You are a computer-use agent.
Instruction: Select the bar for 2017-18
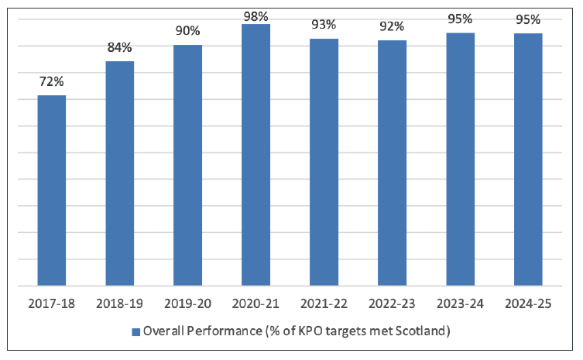52,190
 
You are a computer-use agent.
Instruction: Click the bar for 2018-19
120,173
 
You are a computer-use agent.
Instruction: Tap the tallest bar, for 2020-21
256,155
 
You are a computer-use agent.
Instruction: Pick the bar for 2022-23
392,163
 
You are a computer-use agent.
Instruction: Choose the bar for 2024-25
528,159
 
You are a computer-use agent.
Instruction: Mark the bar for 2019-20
187,165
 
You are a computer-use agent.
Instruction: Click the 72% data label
52,81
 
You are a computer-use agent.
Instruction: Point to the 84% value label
120,47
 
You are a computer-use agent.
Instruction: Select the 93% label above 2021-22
324,25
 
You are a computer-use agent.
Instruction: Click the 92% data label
392,26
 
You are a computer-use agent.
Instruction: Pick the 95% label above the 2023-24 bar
460,19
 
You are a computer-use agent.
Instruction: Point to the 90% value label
187,31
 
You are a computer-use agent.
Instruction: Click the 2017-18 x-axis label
52,303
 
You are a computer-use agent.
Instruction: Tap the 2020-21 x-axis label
256,303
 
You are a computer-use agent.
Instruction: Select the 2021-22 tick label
324,303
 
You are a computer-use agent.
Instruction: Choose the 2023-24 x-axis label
460,303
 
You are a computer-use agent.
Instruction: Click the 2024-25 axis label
528,303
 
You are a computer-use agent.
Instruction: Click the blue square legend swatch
135,332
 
